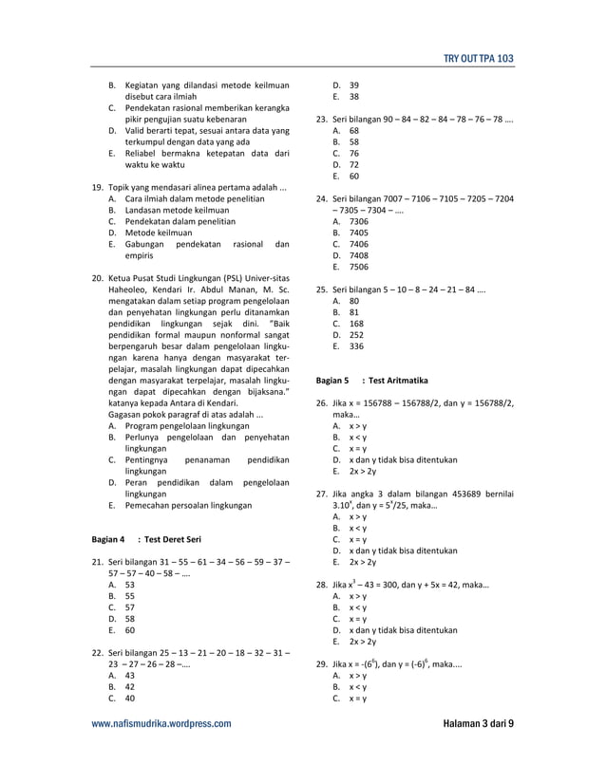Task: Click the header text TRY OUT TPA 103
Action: [x=479, y=59]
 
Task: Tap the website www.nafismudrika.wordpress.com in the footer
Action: [x=161, y=723]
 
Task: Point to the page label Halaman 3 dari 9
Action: [x=478, y=723]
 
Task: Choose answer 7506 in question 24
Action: [x=358, y=268]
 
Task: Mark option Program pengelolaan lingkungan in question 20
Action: [x=186, y=427]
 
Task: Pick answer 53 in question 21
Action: [x=129, y=586]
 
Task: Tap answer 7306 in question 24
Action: [x=358, y=221]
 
